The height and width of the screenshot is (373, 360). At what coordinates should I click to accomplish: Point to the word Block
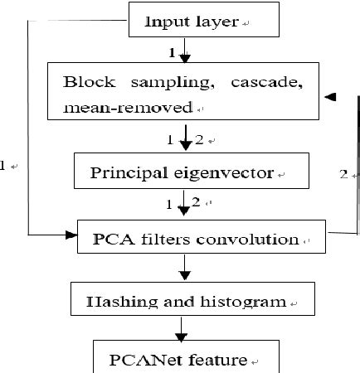pyautogui.click(x=85, y=84)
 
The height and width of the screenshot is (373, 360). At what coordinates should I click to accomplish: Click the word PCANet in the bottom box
pyautogui.click(x=140, y=360)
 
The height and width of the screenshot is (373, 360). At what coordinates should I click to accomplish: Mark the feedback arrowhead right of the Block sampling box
pyautogui.click(x=330, y=98)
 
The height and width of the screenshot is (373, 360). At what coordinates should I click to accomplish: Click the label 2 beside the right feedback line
pyautogui.click(x=343, y=175)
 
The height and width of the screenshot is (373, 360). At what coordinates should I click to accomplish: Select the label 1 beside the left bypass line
pyautogui.click(x=4, y=166)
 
